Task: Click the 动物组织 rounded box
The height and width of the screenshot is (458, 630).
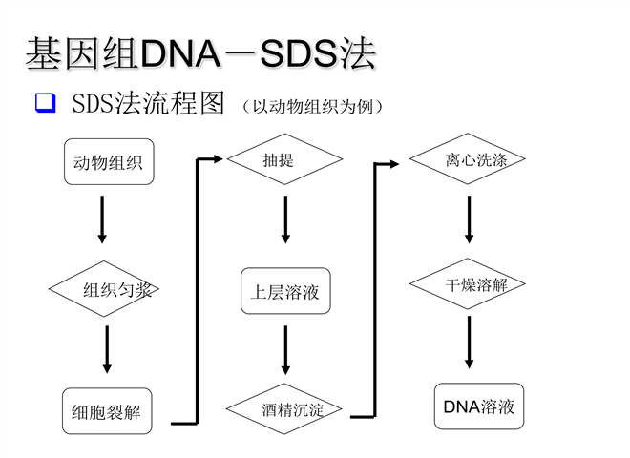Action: (109, 162)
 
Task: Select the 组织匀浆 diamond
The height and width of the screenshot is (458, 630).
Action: (104, 289)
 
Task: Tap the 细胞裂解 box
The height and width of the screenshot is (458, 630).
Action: (107, 411)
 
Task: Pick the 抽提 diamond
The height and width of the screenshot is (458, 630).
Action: (284, 159)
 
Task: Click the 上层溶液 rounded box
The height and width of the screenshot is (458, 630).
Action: (285, 291)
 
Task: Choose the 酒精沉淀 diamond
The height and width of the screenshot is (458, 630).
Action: (284, 409)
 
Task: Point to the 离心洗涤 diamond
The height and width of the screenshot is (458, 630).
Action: (468, 158)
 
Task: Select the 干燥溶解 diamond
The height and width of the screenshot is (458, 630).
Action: (468, 283)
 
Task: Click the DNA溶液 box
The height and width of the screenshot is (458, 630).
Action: (479, 406)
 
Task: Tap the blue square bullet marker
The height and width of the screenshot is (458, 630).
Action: (46, 103)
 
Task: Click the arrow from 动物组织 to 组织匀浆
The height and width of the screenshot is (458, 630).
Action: (102, 219)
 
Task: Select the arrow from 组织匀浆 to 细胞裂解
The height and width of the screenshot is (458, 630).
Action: (107, 349)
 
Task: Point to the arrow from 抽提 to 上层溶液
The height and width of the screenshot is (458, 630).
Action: (285, 219)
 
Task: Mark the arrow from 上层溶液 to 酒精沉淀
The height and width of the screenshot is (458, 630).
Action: (285, 350)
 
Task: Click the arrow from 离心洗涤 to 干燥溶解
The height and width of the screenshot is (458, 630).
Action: (469, 219)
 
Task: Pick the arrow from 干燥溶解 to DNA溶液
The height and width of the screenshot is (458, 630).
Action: (469, 343)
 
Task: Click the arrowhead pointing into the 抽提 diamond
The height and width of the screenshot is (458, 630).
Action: (219, 159)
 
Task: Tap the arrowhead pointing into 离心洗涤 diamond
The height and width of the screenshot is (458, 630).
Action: (393, 164)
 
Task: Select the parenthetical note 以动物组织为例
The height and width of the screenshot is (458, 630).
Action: (312, 107)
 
